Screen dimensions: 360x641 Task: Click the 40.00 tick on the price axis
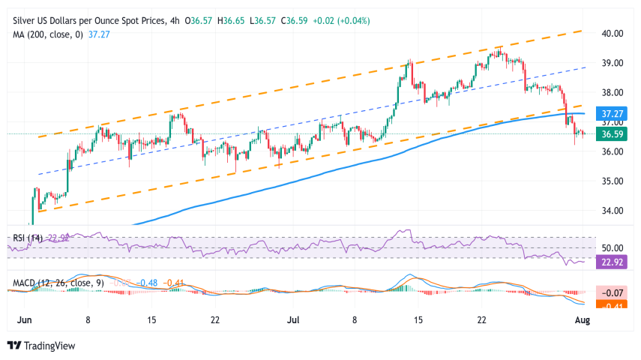614,33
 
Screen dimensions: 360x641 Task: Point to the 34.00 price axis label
614,210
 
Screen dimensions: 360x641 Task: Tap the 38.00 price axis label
614,92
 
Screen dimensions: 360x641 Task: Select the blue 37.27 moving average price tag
613,114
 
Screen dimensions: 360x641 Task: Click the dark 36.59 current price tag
613,135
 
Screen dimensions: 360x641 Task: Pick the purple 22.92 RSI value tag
613,262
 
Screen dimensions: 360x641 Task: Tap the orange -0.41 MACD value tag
613,305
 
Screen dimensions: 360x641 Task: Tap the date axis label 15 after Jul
418,320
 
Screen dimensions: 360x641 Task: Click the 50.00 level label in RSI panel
614,247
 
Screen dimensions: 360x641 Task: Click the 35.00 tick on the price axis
614,181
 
